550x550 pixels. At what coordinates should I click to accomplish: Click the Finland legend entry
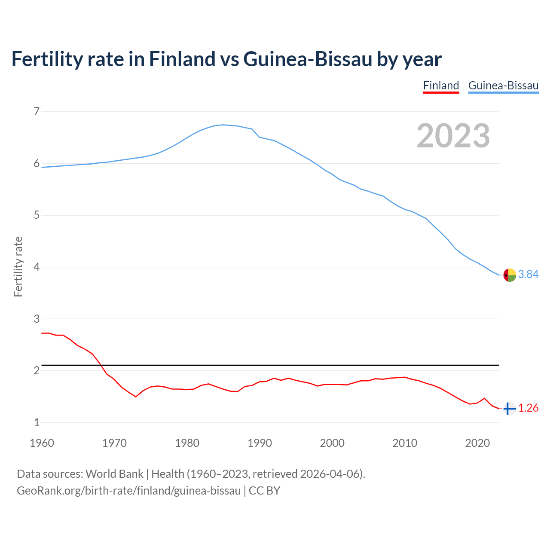tap(441, 86)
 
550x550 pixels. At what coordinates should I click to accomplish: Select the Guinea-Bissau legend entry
tap(503, 86)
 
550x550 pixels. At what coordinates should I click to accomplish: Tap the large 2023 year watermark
tap(453, 136)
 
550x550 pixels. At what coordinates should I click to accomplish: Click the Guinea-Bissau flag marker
tap(510, 275)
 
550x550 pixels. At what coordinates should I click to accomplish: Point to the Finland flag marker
tap(510, 409)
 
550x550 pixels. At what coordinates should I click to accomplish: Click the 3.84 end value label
tap(528, 275)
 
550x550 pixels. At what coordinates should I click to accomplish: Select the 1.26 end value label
tap(528, 408)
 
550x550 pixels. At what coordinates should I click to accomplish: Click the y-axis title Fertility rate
tap(18, 266)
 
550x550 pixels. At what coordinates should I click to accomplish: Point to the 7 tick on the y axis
tap(37, 112)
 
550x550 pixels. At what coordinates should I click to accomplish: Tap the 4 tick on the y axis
tap(37, 267)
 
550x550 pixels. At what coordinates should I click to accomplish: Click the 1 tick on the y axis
tap(37, 423)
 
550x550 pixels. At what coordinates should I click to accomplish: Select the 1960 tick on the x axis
tap(42, 443)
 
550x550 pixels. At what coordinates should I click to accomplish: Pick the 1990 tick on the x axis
tap(260, 443)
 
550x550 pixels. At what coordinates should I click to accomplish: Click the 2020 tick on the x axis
tap(477, 443)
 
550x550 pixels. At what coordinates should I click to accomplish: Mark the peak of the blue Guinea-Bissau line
tap(223, 125)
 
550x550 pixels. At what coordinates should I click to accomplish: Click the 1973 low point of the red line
tap(136, 397)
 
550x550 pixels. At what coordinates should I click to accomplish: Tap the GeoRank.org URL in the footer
tap(128, 491)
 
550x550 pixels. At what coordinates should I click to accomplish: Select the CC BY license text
tap(265, 491)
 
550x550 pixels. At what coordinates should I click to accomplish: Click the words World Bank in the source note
tap(114, 474)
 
